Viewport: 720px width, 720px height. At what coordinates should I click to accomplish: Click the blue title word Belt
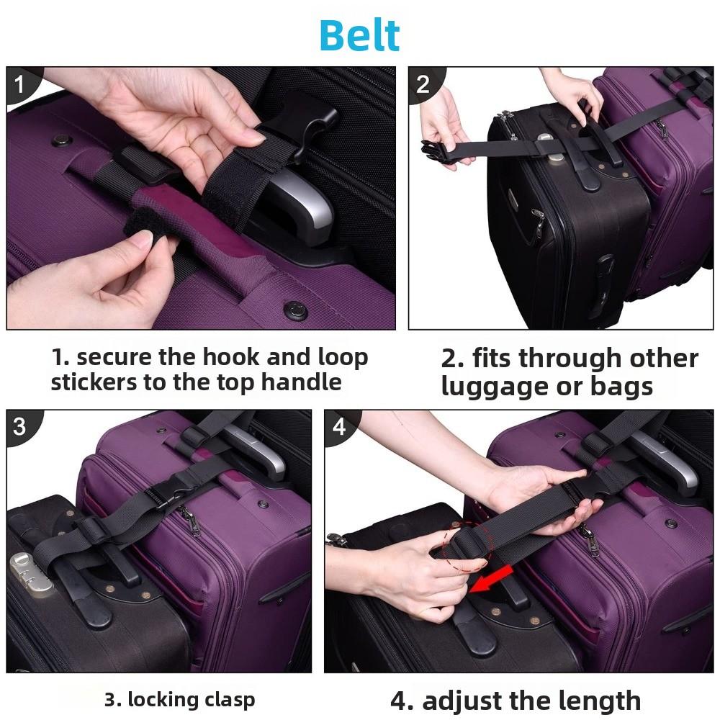coord(359,35)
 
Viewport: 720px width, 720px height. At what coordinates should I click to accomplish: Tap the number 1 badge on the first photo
coord(19,85)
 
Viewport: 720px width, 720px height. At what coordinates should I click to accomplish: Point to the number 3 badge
coord(19,426)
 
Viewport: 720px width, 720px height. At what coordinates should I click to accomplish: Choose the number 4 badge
coord(339,426)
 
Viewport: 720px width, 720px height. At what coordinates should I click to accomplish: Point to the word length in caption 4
coord(598,700)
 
